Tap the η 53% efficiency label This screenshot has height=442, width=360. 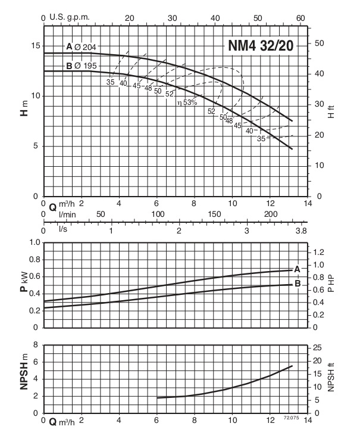click(x=187, y=102)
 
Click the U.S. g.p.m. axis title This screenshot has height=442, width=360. click(x=69, y=18)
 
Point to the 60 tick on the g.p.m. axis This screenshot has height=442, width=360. click(x=300, y=18)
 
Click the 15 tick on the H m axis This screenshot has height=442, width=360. click(x=35, y=46)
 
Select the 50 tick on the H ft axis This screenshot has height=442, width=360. click(x=319, y=43)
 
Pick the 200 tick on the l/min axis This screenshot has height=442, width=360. click(x=271, y=214)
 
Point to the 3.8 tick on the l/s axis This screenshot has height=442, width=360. click(x=301, y=230)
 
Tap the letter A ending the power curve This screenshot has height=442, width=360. click(x=298, y=269)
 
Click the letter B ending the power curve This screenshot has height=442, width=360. click(x=298, y=285)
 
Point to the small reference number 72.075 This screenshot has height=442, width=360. click(x=291, y=420)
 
